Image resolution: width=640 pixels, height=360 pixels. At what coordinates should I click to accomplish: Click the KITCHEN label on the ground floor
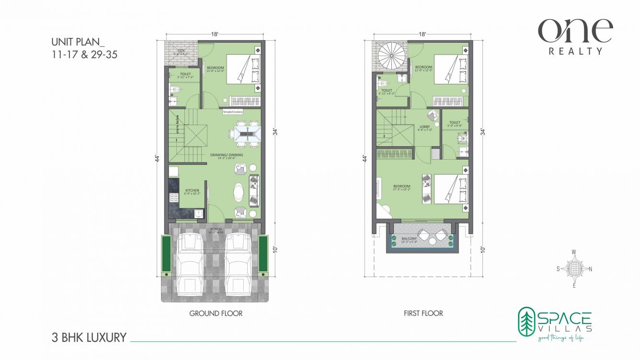point(192,191)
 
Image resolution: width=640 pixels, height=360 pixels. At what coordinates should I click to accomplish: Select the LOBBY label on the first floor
point(425,127)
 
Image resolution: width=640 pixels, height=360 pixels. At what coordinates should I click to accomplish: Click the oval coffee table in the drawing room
point(238,194)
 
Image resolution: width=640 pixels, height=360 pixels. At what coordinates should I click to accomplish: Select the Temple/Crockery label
point(233,112)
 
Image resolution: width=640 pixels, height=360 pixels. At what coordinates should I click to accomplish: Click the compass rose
point(574,268)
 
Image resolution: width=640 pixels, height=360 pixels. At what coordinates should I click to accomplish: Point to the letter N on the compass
point(590,269)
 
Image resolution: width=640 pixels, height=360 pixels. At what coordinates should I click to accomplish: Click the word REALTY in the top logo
point(575,51)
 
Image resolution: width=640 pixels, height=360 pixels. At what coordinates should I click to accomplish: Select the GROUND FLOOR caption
point(216,314)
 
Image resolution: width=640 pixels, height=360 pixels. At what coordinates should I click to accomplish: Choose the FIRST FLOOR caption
point(423,314)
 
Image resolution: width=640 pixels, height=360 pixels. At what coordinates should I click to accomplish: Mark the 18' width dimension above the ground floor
point(215,34)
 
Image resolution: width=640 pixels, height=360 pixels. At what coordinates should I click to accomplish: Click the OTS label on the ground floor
point(182,49)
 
